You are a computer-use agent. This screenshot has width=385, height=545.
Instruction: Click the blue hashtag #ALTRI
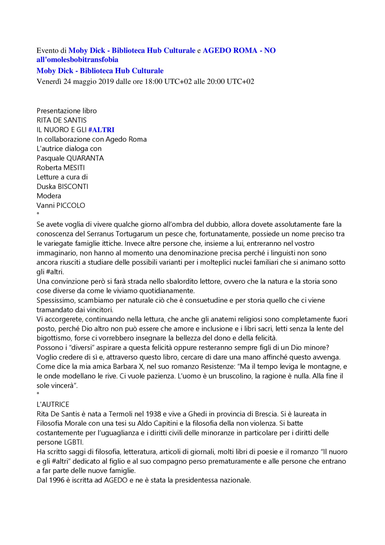[x=101, y=130]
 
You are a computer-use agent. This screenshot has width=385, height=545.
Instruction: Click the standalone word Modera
[x=49, y=196]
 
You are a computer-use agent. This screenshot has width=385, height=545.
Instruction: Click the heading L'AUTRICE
[x=53, y=404]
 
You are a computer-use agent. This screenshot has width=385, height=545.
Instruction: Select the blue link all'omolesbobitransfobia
[x=77, y=60]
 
